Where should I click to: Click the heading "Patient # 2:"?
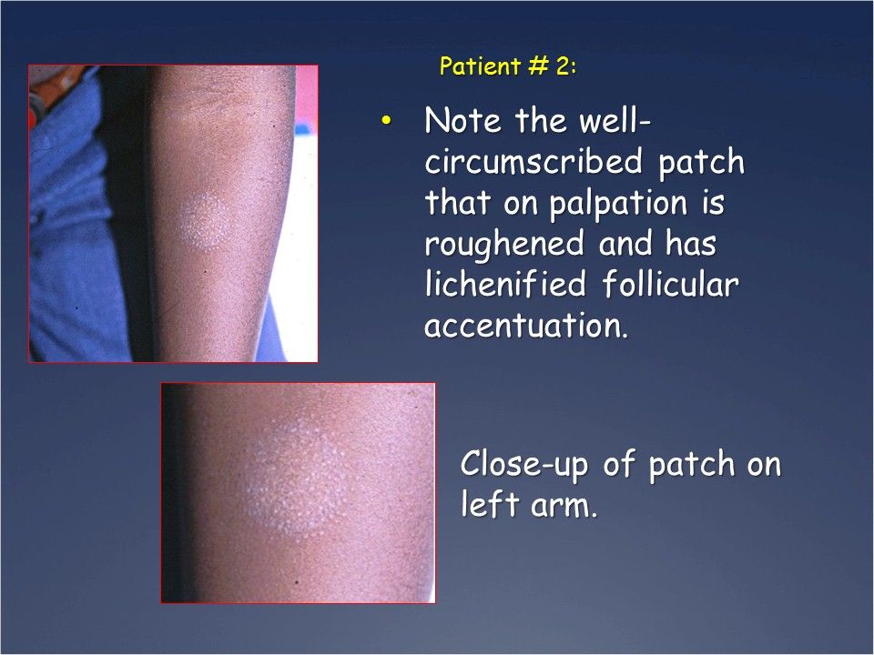click(506, 66)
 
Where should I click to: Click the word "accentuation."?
click(526, 326)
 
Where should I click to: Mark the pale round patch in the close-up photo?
click(286, 477)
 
